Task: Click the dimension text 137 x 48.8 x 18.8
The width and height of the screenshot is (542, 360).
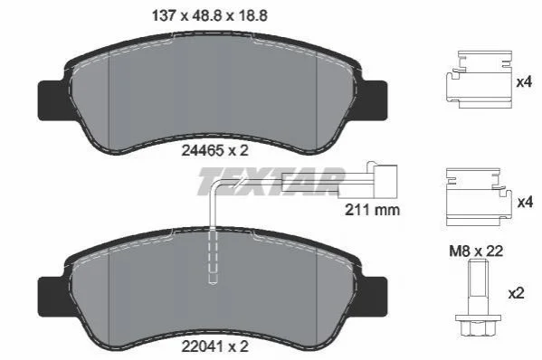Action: click(210, 15)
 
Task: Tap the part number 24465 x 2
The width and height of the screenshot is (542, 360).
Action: click(214, 150)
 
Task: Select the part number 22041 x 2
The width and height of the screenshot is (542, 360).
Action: click(214, 346)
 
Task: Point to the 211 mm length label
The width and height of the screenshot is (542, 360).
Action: click(372, 209)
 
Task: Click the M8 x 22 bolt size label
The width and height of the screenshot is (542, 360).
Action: click(476, 251)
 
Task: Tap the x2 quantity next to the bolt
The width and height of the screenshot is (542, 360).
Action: click(516, 293)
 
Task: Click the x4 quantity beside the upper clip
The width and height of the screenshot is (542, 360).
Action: click(524, 82)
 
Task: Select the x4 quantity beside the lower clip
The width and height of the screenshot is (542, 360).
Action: click(525, 202)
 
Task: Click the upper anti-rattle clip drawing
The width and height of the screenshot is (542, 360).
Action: click(479, 79)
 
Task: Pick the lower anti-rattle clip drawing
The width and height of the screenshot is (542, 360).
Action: click(479, 197)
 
